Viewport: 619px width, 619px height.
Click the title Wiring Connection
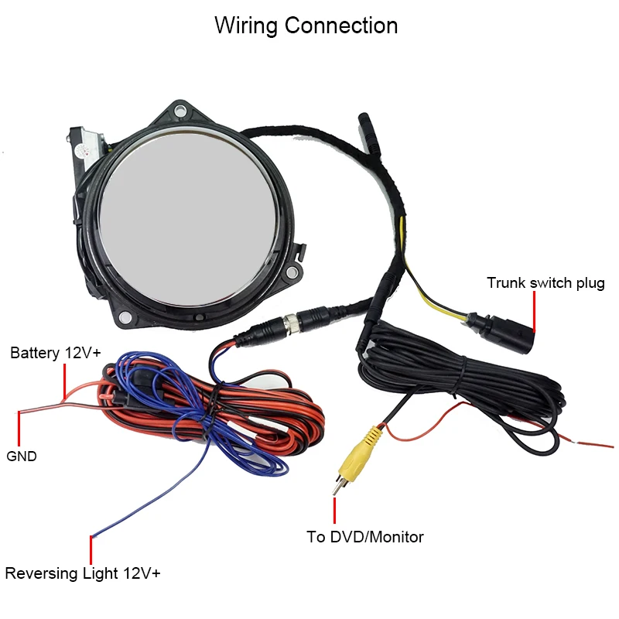[306, 26]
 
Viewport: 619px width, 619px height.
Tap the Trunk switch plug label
[545, 283]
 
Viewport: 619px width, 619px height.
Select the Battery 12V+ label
[56, 354]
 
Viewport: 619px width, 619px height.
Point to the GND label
[22, 457]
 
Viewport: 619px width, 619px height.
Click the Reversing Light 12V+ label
[83, 573]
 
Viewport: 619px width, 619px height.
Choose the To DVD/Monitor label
[365, 536]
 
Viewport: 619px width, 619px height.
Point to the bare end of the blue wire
[93, 535]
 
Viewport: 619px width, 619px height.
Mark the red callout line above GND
[17, 428]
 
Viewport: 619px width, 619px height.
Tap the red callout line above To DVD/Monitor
[335, 510]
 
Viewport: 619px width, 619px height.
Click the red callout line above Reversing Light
[91, 549]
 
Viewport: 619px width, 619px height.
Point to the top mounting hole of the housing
[180, 111]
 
